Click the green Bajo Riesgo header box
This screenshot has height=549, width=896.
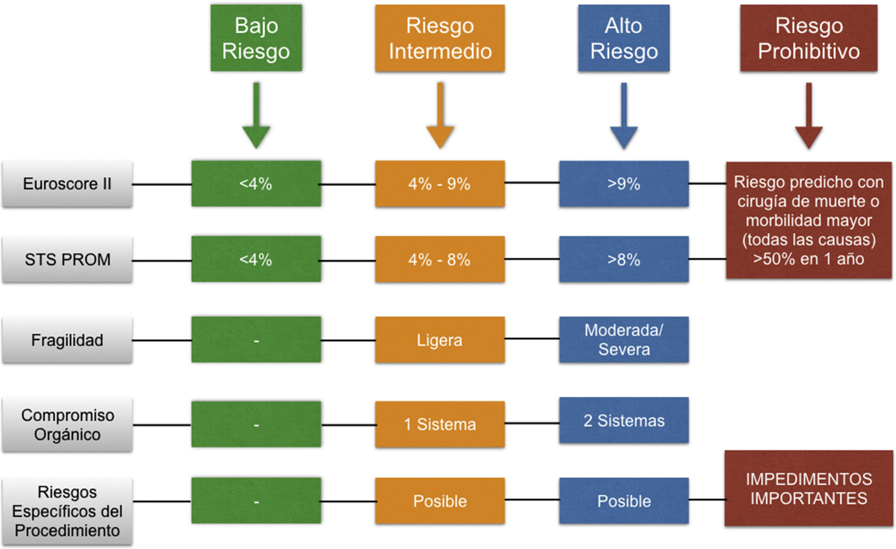[x=256, y=38]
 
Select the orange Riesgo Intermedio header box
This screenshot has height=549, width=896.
[x=440, y=38]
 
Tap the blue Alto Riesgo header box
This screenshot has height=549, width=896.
[x=623, y=38]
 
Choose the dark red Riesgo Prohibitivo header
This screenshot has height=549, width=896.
[x=809, y=38]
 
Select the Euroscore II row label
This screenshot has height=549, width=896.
[x=67, y=184]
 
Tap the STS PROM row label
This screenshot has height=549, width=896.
[x=67, y=259]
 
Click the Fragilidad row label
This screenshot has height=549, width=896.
[x=67, y=340]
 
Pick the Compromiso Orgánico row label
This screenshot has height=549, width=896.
[x=67, y=425]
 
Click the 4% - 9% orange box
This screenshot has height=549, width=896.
[x=440, y=184]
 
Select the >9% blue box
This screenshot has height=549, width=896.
[x=623, y=184]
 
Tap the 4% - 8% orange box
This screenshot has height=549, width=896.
[x=440, y=259]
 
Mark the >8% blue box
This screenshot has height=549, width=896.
[x=623, y=259]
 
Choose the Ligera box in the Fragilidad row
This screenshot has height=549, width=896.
[x=440, y=340]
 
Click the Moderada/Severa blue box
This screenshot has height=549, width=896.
[x=623, y=339]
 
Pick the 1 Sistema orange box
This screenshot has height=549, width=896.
[x=440, y=424]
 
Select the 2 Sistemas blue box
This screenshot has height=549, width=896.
[x=623, y=421]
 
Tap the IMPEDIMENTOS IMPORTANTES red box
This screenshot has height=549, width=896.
[x=809, y=489]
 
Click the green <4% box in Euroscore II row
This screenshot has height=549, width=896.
[x=256, y=184]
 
